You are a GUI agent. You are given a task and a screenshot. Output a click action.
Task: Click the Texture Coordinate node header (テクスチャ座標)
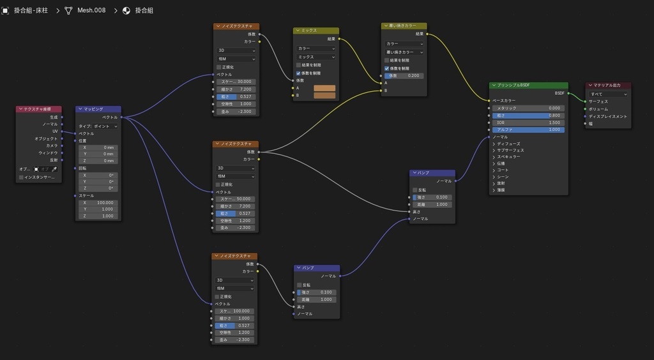[x=40, y=109]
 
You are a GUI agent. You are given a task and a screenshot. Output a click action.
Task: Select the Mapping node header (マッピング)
[x=98, y=109]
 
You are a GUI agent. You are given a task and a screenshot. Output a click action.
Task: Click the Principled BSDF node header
[x=529, y=86]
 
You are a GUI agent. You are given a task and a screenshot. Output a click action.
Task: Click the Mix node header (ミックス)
[x=316, y=31]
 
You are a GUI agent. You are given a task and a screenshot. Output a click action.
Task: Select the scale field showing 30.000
[x=236, y=82]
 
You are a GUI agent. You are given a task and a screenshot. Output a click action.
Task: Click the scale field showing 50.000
[x=236, y=199]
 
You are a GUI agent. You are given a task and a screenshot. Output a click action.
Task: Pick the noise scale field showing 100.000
[x=236, y=311]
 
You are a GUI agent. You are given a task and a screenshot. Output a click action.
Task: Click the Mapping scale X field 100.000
[x=98, y=202]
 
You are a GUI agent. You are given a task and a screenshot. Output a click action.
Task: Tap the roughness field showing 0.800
[x=529, y=116]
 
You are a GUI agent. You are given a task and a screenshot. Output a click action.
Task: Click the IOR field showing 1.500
[x=529, y=123]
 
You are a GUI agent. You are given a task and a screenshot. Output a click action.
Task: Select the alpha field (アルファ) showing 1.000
[x=529, y=130]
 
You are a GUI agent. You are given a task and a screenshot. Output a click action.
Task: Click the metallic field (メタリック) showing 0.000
[x=529, y=109]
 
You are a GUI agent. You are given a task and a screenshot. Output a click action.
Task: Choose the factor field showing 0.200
[x=405, y=75]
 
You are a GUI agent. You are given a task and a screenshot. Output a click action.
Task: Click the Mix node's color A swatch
[x=324, y=88]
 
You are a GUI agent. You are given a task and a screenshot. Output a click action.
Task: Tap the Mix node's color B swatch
[x=324, y=96]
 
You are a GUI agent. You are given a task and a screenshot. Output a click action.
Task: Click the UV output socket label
[x=55, y=131]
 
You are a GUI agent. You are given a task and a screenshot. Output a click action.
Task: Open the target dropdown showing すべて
[x=609, y=94]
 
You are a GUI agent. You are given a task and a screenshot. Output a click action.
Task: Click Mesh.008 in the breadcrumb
[x=91, y=11]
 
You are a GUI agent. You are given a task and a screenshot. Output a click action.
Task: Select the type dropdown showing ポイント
[x=98, y=126]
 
